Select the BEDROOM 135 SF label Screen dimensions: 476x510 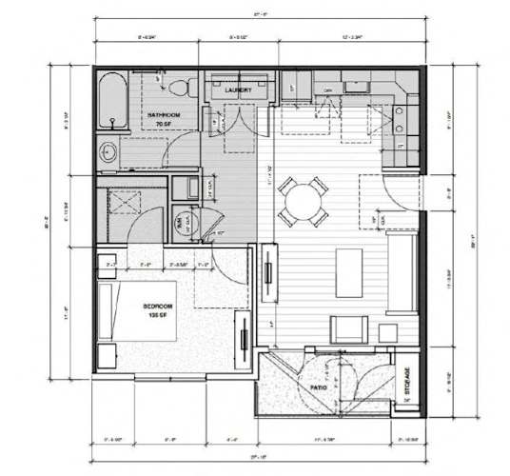pos(156,310)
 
